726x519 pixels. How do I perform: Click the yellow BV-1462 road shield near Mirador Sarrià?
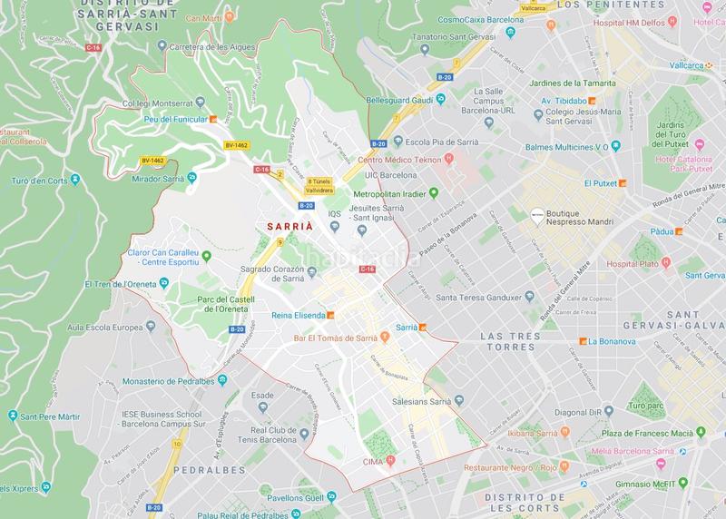(154, 161)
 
